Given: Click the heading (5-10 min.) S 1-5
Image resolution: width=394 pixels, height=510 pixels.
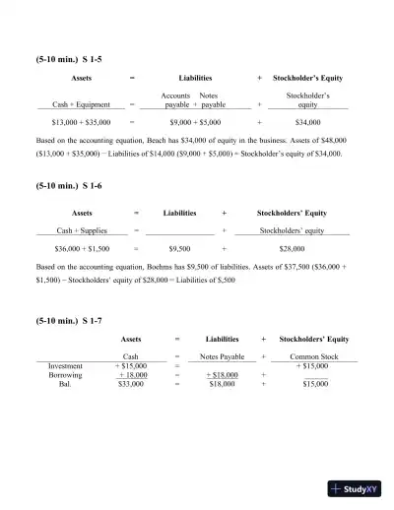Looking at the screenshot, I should point(68,59).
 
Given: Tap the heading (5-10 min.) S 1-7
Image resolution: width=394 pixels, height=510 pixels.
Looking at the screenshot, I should point(68,321).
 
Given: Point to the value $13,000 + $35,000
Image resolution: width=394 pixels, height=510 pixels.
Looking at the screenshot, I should point(81,123).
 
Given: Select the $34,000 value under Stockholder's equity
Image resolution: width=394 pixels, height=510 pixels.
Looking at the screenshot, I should point(307,123).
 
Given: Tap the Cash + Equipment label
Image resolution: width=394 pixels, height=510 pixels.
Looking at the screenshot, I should point(81,103).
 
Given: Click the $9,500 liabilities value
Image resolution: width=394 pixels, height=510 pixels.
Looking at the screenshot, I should point(179,250).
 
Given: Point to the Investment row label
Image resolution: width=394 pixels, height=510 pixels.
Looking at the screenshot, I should point(66,365).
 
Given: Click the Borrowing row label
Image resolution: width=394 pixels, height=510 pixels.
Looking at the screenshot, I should point(66,375).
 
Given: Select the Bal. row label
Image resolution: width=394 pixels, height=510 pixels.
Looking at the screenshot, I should point(66,385).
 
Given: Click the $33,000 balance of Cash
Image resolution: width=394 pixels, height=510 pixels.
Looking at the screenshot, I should point(131,385).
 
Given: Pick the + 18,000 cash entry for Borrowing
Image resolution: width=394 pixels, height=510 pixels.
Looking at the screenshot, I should point(132,375).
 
